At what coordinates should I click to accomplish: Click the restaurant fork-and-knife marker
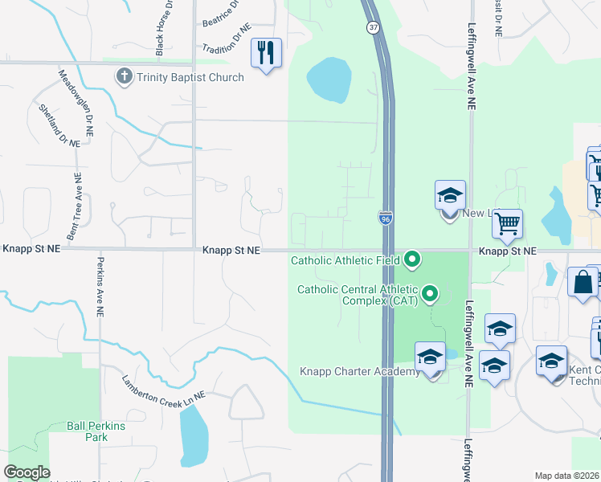click(x=266, y=54)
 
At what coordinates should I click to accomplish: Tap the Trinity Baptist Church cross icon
click(x=124, y=77)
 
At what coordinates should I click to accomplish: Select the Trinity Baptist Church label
click(x=190, y=77)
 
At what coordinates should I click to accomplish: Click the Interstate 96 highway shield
click(x=386, y=219)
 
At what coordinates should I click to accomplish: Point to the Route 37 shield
click(x=373, y=27)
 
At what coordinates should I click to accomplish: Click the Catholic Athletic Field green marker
click(x=412, y=259)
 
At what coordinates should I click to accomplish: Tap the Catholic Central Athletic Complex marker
click(x=430, y=293)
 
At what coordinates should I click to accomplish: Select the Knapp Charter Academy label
click(x=360, y=371)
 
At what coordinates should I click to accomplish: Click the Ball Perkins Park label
click(x=97, y=431)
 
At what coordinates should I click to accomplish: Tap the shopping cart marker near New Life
click(x=507, y=226)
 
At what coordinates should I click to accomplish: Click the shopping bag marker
click(x=583, y=284)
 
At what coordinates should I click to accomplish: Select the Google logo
click(x=27, y=472)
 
